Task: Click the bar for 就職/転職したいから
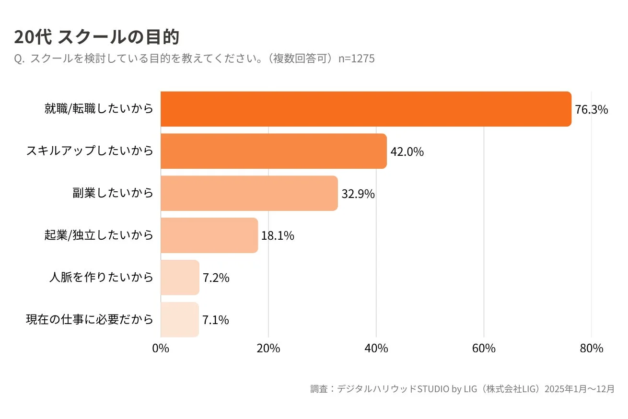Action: point(366,109)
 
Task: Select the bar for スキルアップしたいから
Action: point(274,151)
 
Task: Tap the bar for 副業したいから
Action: point(249,193)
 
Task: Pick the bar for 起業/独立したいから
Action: point(209,235)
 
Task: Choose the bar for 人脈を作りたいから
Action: point(180,278)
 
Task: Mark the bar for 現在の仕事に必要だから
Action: point(180,320)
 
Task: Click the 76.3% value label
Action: point(592,110)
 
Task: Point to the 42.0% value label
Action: point(407,152)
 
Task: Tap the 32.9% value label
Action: point(358,194)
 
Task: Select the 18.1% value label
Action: point(278,236)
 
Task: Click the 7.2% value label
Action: point(216,278)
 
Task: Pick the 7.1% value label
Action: point(215,320)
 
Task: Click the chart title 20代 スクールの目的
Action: point(96,37)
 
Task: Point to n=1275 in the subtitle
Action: point(356,58)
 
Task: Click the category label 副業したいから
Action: point(113,193)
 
